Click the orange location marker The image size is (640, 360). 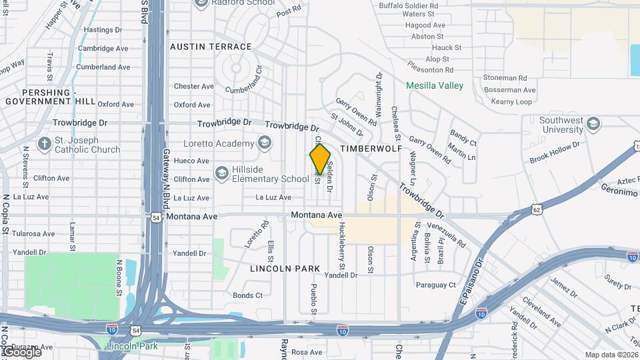(320, 159)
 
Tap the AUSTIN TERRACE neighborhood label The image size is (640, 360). (211, 47)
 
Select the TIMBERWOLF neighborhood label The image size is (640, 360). (371, 147)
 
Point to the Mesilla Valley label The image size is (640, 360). (435, 85)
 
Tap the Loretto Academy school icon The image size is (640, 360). (265, 143)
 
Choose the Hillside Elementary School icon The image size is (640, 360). (222, 174)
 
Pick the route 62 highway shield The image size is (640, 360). (537, 209)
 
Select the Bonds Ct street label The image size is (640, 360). (247, 295)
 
